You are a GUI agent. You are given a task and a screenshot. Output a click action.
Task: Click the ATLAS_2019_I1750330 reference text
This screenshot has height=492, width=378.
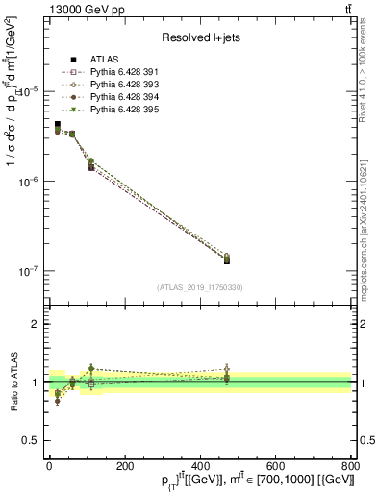pyautogui.click(x=200, y=287)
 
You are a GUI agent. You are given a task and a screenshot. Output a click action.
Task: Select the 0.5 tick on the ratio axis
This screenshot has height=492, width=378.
pyautogui.click(x=31, y=440)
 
